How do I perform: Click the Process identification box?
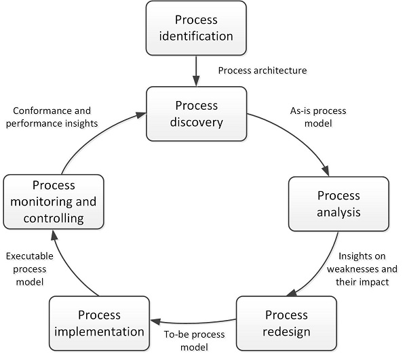[x=196, y=28]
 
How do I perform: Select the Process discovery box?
[x=197, y=114]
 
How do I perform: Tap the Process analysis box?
[x=338, y=204]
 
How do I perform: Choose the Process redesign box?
[x=286, y=323]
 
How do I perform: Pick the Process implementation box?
[x=100, y=323]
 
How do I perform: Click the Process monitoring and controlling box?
[x=54, y=202]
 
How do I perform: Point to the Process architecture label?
[x=263, y=71]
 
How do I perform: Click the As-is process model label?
[x=318, y=117]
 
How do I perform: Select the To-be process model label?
[x=195, y=341]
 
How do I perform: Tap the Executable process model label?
[x=30, y=269]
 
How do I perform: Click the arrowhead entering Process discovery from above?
[x=196, y=81]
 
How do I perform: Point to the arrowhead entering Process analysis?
[x=326, y=171]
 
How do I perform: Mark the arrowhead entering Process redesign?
[x=292, y=294]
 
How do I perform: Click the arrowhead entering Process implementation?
[x=155, y=321]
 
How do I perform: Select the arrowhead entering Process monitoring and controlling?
[x=54, y=235]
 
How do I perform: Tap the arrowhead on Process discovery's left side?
[x=141, y=115]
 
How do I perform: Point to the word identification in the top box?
[x=196, y=36]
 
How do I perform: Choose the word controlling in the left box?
[x=54, y=218]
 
